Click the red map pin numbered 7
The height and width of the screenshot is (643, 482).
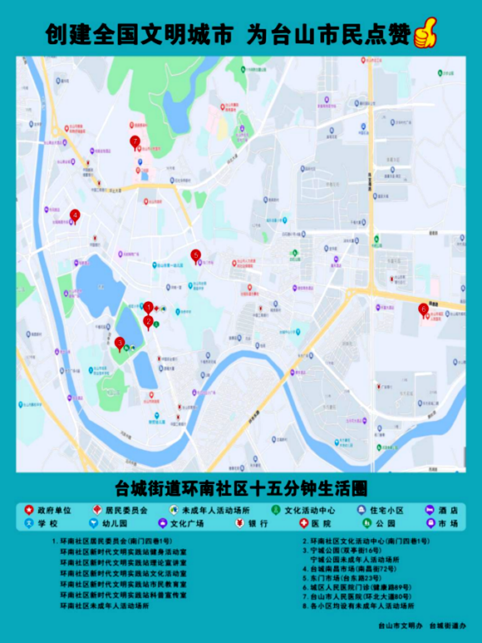(135, 142)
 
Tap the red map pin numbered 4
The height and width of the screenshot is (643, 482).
(74, 215)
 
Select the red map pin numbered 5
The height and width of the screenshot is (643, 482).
(196, 255)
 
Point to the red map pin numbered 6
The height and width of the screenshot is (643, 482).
(423, 309)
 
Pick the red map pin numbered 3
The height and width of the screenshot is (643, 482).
(120, 342)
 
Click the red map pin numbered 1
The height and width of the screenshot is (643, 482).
(149, 308)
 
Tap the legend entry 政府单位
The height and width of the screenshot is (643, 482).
(48, 509)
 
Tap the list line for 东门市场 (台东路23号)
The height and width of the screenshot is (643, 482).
(345, 574)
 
